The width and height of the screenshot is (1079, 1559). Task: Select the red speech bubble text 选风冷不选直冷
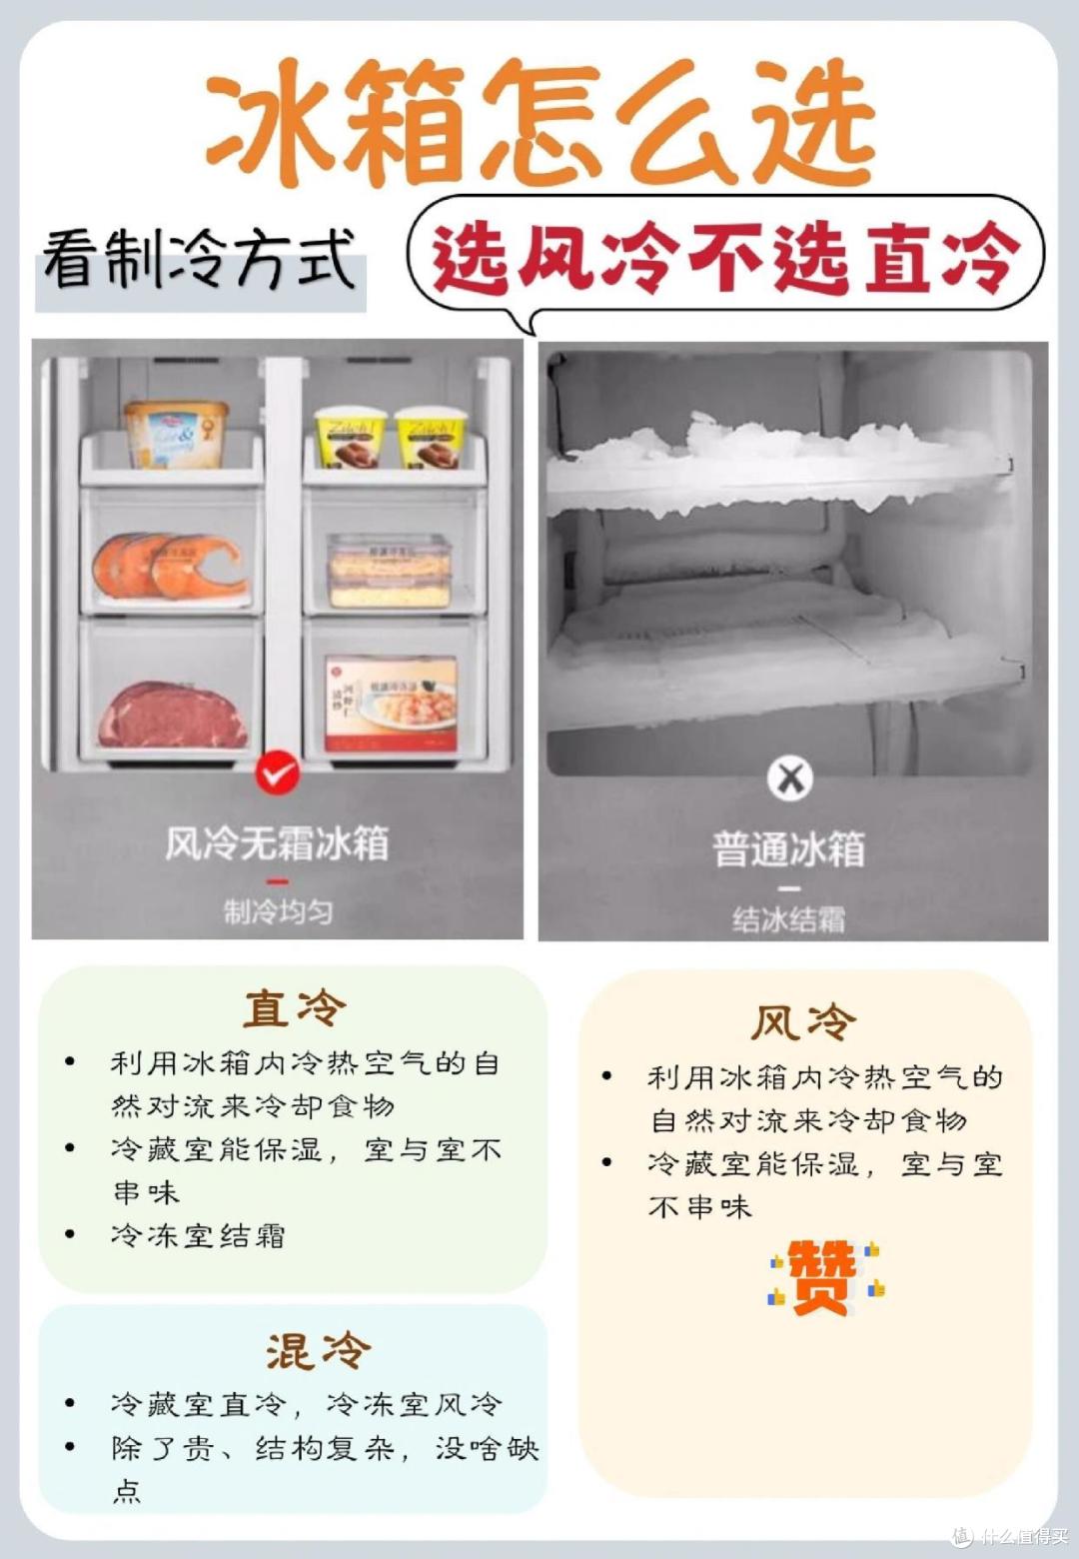pyautogui.click(x=726, y=256)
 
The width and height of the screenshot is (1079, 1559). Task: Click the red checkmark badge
pyautogui.click(x=277, y=773)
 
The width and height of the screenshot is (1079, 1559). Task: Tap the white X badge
pyautogui.click(x=790, y=779)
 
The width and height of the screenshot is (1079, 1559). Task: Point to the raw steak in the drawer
pyautogui.click(x=173, y=715)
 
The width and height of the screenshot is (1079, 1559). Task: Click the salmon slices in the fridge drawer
pyautogui.click(x=168, y=566)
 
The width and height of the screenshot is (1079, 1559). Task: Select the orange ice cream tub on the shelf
pyautogui.click(x=177, y=435)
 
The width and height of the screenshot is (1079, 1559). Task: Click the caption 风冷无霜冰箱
pyautogui.click(x=277, y=843)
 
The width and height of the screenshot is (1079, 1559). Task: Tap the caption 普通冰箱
pyautogui.click(x=789, y=849)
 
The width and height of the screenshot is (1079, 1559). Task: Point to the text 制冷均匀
pyautogui.click(x=277, y=911)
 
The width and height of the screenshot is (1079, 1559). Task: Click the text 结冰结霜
pyautogui.click(x=789, y=918)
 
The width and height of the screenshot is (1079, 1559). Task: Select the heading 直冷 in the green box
pyautogui.click(x=294, y=1007)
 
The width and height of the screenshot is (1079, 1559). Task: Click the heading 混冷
pyautogui.click(x=318, y=1351)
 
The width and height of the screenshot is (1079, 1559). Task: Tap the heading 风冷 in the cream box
pyautogui.click(x=804, y=1022)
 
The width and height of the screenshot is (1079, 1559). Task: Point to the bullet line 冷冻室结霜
pyautogui.click(x=198, y=1236)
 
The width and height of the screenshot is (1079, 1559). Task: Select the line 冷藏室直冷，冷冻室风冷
pyautogui.click(x=306, y=1405)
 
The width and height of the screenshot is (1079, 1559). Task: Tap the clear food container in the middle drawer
pyautogui.click(x=390, y=571)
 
